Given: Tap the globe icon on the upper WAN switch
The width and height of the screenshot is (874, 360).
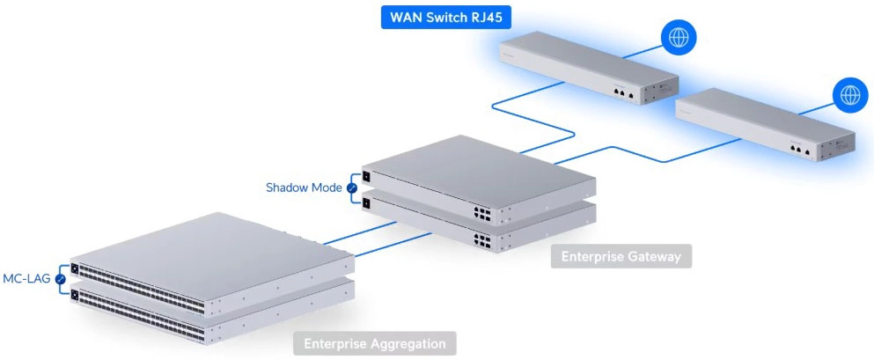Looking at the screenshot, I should pyautogui.click(x=679, y=38).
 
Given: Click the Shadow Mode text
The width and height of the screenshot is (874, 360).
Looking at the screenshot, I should pyautogui.click(x=305, y=187).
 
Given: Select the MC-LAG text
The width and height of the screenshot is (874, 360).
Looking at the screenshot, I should pyautogui.click(x=26, y=279).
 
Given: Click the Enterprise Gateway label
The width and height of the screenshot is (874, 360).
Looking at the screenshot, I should pyautogui.click(x=621, y=257).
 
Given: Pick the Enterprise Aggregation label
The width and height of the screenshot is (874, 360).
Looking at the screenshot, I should pyautogui.click(x=374, y=343).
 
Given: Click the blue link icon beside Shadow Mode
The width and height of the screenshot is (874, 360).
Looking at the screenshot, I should pyautogui.click(x=352, y=188).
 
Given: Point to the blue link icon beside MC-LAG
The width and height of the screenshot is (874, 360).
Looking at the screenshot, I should pyautogui.click(x=60, y=280).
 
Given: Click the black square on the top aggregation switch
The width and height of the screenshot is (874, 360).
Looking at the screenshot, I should pyautogui.click(x=75, y=268).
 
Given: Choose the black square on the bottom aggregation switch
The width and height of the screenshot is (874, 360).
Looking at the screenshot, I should pyautogui.click(x=76, y=293).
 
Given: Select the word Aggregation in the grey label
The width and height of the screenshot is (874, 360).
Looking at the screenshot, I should pyautogui.click(x=407, y=343).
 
